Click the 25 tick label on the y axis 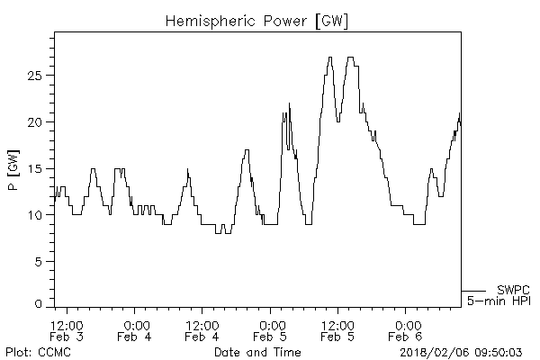pyautogui.click(x=35, y=76)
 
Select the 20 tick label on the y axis pyautogui.click(x=35, y=121)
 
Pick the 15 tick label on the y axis pyautogui.click(x=35, y=168)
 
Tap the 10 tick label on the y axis pyautogui.click(x=35, y=215)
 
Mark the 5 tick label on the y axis pyautogui.click(x=39, y=262)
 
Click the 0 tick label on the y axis pyautogui.click(x=39, y=306)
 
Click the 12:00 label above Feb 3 pyautogui.click(x=67, y=325)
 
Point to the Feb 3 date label pyautogui.click(x=67, y=337)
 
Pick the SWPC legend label pyautogui.click(x=513, y=290)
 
